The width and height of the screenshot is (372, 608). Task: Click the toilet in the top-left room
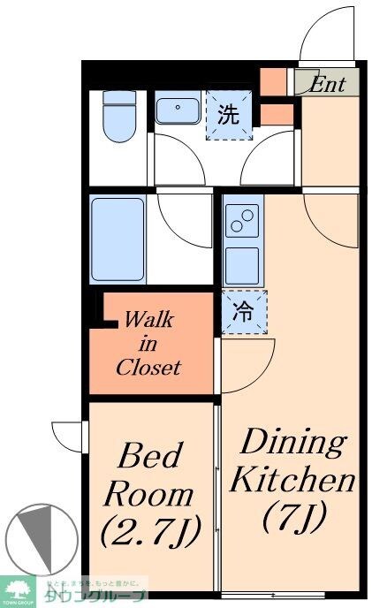(117, 116)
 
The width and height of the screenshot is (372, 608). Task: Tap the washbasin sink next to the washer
(179, 112)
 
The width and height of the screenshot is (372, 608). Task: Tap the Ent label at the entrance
(328, 84)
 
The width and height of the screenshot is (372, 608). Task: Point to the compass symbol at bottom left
(36, 539)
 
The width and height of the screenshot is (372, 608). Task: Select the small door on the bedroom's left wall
(69, 436)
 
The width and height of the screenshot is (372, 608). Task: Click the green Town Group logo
(17, 588)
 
